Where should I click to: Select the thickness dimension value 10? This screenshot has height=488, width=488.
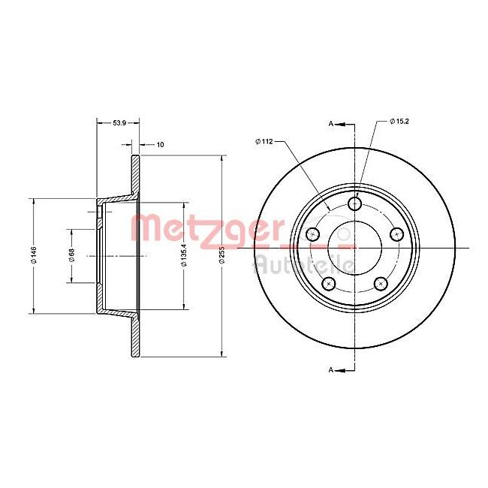tap(160, 143)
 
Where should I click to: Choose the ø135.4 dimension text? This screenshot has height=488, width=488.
tap(183, 255)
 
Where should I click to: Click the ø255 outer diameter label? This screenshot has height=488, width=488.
tap(221, 256)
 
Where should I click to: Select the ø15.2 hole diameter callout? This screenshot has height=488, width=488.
tap(400, 122)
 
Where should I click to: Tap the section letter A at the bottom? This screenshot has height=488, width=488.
tap(330, 369)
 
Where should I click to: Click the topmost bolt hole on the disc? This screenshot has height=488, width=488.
tap(356, 204)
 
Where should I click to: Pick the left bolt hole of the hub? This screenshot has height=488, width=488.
tap(313, 235)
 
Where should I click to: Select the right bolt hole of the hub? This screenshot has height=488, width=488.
tap(398, 235)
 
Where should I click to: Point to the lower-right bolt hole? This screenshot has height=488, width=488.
tap(381, 284)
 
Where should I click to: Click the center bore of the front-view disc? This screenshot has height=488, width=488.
tap(356, 247)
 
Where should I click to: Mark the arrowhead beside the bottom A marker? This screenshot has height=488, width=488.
tap(339, 369)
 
